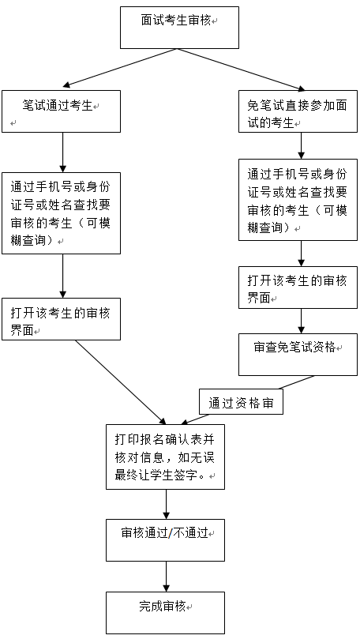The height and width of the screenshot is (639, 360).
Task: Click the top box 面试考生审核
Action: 179,28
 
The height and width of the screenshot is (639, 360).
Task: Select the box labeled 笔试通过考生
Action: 61,111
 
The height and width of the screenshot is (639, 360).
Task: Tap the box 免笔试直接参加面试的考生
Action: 298,111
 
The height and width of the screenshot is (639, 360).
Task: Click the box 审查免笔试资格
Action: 298,355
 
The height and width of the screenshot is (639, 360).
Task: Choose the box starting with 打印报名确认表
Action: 165,457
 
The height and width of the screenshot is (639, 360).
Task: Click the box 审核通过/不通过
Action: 165,540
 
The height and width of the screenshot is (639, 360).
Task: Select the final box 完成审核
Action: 165,613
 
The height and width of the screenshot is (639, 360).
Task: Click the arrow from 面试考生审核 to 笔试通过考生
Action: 120,68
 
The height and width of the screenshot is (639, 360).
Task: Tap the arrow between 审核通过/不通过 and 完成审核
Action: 166,577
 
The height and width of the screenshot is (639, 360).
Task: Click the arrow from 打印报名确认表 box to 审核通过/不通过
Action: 166,504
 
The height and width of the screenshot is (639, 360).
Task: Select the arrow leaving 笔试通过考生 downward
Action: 62,152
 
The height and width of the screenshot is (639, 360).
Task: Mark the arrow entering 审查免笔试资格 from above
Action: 302,321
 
